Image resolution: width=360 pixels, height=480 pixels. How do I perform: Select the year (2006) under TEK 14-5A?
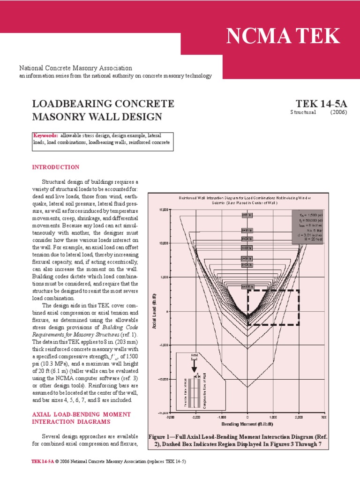click(x=338, y=112)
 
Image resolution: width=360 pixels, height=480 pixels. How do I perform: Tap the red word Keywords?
click(x=45, y=135)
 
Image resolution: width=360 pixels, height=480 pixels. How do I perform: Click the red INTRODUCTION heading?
click(x=55, y=167)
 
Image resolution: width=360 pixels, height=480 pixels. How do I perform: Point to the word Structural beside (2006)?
click(x=303, y=112)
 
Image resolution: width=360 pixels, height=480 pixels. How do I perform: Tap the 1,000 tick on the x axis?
click(x=273, y=417)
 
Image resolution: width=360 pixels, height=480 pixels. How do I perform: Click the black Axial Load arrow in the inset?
click(x=194, y=368)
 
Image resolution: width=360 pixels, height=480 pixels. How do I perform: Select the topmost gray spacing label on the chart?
click(x=247, y=215)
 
